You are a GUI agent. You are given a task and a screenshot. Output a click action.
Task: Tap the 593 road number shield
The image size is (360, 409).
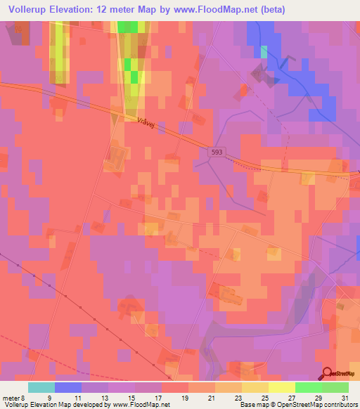click(216, 151)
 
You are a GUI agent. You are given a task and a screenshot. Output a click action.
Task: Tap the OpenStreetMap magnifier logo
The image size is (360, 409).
click(328, 373)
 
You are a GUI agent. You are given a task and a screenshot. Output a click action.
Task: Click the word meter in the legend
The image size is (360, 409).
click(11, 398)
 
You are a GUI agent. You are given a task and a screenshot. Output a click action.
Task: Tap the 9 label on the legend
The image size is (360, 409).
click(49, 398)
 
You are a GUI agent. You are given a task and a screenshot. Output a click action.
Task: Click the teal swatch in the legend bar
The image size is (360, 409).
click(41, 387)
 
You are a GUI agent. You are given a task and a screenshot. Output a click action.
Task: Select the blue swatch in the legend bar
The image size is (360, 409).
click(67, 387)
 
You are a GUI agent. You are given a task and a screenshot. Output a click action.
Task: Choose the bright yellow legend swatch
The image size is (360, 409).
click(281, 387)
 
